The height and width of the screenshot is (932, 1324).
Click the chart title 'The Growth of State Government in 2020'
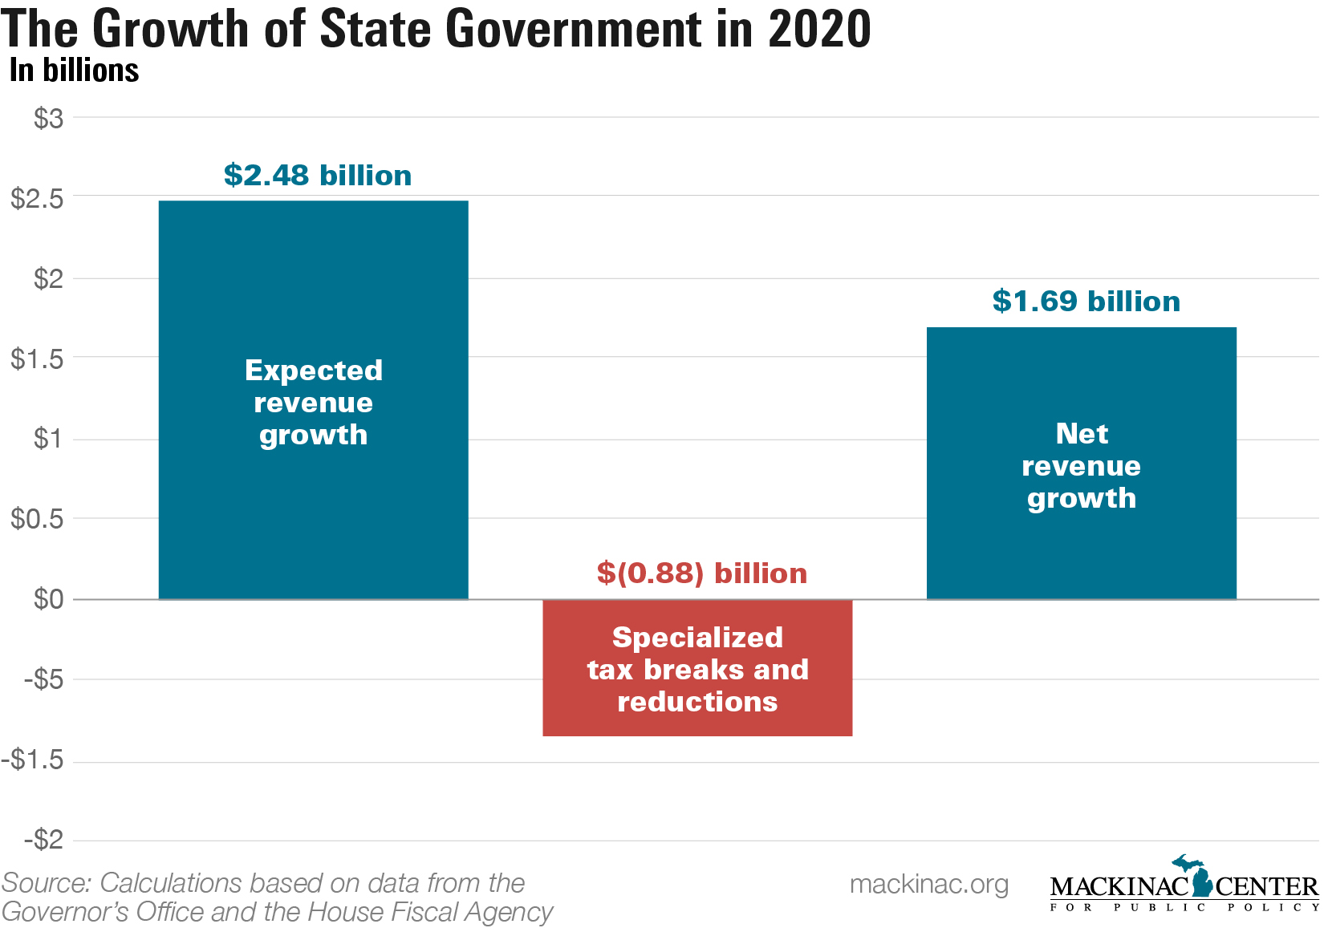pos(436,29)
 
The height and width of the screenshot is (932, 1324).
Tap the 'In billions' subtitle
pos(74,71)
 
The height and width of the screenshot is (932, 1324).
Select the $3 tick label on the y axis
pos(48,119)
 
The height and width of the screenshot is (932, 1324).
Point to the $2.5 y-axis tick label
pos(37,198)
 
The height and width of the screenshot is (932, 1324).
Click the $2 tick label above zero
pos(48,278)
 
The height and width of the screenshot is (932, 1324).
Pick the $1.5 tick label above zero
pos(37,359)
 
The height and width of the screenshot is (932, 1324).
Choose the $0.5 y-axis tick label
pos(37,519)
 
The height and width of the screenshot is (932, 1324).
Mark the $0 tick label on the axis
pos(48,599)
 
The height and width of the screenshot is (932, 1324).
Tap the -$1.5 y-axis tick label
pos(33,760)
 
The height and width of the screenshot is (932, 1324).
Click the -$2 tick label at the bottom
pos(43,840)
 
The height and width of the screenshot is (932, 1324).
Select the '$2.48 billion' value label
pos(318,175)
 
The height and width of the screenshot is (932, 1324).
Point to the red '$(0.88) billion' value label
pos(702,573)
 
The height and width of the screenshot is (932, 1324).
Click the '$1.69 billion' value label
pos(1086,301)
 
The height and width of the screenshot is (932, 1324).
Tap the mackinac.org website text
pos(929,884)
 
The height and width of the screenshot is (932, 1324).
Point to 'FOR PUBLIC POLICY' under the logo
pos(1184,907)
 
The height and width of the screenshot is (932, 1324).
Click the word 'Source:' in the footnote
pos(47,883)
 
